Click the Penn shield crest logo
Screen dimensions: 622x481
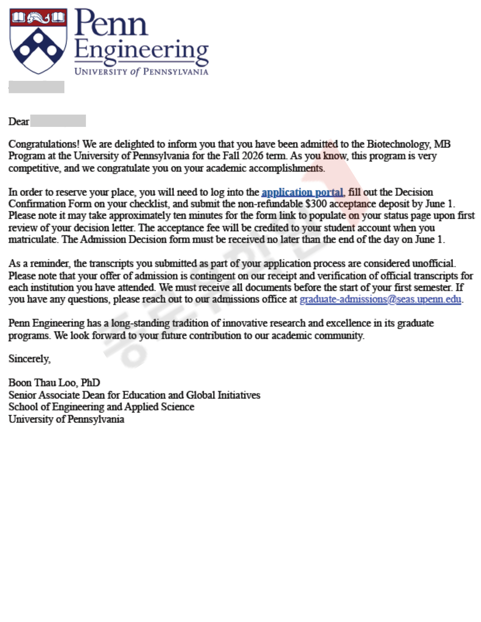tap(38, 41)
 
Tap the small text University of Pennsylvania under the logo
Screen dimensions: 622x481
tap(141, 72)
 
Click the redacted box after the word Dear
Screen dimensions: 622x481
tap(58, 121)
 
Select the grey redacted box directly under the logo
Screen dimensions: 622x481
tap(36, 87)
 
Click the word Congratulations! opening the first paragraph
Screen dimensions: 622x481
tap(44, 144)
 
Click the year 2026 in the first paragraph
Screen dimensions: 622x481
tap(252, 156)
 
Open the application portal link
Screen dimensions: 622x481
tap(302, 192)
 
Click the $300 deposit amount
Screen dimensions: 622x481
tap(316, 204)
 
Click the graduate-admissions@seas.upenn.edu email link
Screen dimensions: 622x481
tap(380, 299)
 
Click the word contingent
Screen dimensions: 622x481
tap(212, 276)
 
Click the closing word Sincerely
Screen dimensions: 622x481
tap(29, 359)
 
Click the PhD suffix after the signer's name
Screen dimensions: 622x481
tap(91, 383)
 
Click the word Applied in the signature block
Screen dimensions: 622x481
tap(141, 407)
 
